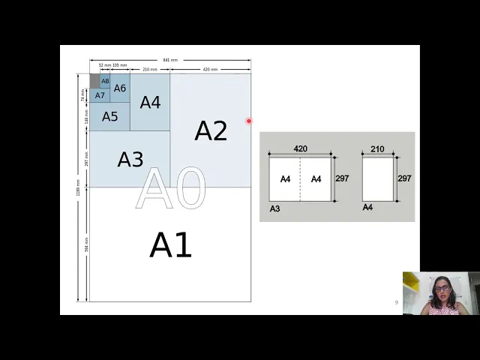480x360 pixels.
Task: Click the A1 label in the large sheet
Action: point(171,245)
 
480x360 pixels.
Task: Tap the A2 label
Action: point(211,130)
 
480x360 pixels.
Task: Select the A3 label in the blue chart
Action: point(130,159)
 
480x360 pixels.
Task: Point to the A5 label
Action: point(110,116)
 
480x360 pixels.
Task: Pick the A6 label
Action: point(120,88)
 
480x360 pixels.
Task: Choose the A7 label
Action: point(100,95)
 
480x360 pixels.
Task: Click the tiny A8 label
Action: point(105,81)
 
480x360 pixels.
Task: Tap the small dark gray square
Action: point(94,80)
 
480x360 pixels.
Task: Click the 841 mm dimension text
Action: point(170,60)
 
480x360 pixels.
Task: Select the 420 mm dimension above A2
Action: point(210,69)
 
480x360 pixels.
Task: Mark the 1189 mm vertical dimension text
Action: point(78,187)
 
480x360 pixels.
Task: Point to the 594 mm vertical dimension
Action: point(86,244)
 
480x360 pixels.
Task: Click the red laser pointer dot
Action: point(249,121)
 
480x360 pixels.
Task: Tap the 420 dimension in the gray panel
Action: point(300,149)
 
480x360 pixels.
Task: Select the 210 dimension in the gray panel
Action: point(377,149)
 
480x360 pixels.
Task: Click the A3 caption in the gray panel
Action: point(274,208)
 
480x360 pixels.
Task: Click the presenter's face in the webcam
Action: point(442,288)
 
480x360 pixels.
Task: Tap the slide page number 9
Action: point(397,302)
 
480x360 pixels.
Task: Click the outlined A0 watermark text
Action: point(170,189)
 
